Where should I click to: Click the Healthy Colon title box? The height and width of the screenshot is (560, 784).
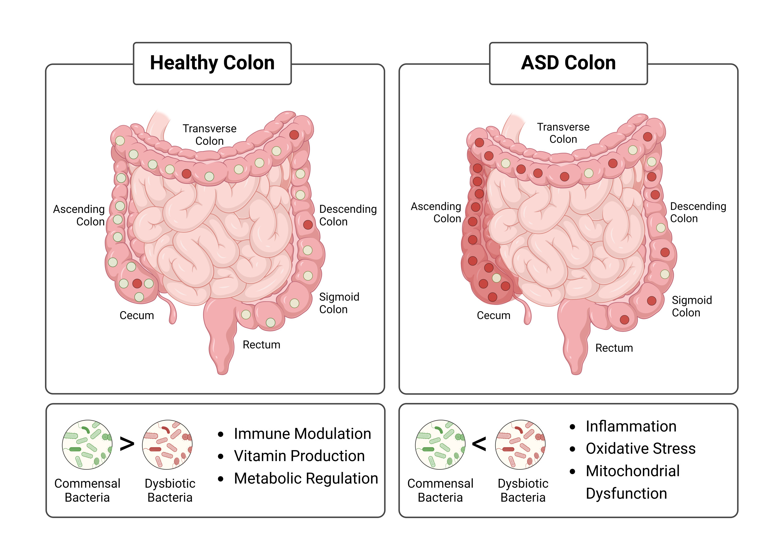pos(212,63)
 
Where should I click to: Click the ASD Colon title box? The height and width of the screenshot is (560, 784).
pos(568,63)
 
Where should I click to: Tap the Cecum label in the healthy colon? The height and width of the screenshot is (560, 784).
pos(137,315)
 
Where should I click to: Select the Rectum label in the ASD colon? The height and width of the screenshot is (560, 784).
pos(614,348)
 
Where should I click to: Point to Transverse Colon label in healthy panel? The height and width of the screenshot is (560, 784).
pos(209,134)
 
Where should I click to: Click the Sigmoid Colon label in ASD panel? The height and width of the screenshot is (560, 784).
pos(691,306)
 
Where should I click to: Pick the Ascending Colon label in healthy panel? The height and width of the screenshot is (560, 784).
pos(79,215)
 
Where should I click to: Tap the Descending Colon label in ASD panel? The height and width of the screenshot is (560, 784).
pos(697,212)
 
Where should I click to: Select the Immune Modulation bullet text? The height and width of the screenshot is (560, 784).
pos(302,434)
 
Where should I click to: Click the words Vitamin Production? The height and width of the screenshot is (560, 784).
pos(299,456)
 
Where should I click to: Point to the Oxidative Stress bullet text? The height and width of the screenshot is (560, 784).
pos(640,448)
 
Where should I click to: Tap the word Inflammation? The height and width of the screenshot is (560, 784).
pos(631,426)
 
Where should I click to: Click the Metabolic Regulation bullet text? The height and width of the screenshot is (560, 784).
pos(306,478)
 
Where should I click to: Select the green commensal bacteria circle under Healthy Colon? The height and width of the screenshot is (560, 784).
pos(87,445)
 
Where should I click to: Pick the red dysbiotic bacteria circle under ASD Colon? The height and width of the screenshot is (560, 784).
pos(520,445)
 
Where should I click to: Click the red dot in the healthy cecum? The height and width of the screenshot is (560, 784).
pos(137,284)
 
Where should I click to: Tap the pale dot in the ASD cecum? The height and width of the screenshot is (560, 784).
pos(496,278)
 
